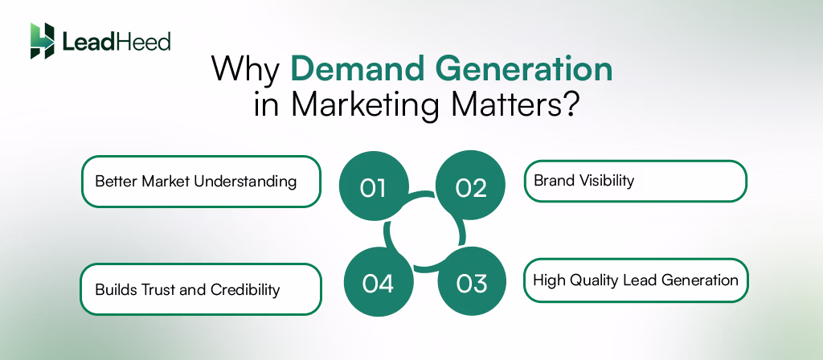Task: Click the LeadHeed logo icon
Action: coord(43,40)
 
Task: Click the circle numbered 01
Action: coord(374,187)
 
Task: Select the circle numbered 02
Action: coord(471,187)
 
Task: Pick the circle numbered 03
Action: coord(472,283)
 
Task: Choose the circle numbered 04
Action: coord(377,283)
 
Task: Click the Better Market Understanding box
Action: coord(201,182)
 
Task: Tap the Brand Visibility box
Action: coord(635,181)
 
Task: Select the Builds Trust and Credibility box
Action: coord(201,289)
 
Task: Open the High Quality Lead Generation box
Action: coord(635,280)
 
